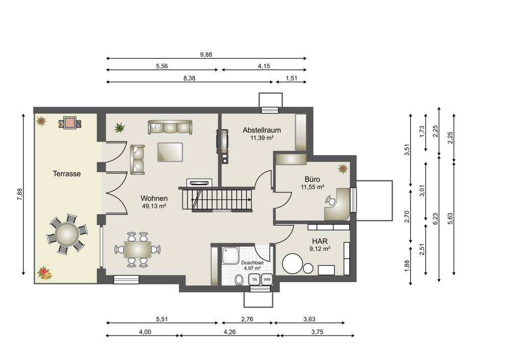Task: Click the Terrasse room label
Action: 67,174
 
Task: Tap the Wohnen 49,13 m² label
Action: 154,201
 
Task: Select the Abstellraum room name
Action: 262,130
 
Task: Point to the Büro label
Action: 312,179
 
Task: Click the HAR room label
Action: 320,241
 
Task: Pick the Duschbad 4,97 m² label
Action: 252,265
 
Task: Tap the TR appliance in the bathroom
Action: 254,279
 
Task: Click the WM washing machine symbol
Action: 267,279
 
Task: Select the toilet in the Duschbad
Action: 239,279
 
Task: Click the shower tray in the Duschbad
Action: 231,255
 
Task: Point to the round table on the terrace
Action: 67,234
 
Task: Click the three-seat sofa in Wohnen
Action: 170,127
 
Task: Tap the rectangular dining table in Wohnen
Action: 138,249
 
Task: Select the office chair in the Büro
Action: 331,201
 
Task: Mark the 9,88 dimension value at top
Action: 206,55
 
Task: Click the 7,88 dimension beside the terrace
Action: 20,194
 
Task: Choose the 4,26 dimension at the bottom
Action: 229,332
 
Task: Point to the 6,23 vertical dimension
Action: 436,219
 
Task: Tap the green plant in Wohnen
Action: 120,128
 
